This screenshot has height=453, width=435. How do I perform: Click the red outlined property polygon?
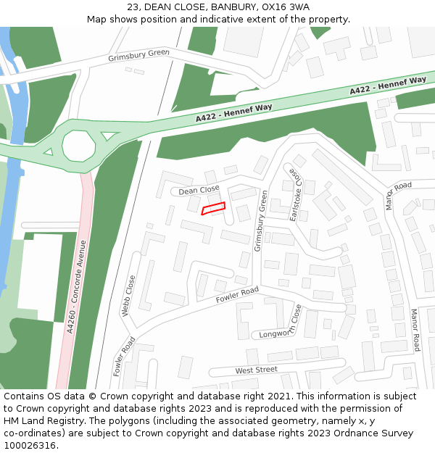tap(213, 209)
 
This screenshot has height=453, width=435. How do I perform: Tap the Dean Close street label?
tap(199, 190)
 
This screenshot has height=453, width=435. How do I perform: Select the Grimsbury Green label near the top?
tap(138, 54)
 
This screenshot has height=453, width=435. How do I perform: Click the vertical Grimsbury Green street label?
tap(260, 221)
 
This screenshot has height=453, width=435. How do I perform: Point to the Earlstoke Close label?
tap(294, 194)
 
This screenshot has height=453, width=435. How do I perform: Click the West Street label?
tap(256, 370)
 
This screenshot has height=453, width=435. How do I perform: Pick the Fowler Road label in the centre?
tap(236, 295)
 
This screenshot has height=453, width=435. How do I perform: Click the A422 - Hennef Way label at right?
tap(388, 86)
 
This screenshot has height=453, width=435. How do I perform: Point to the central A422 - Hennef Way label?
tap(233, 112)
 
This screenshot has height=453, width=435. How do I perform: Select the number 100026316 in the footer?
tap(29, 445)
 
